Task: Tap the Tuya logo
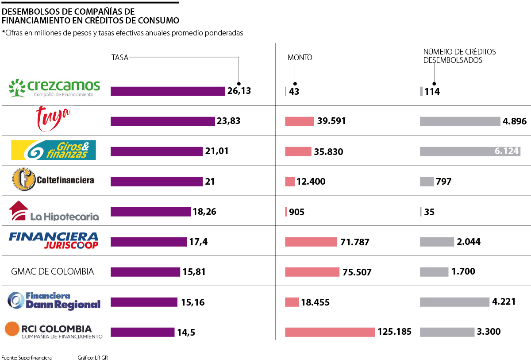(54, 118)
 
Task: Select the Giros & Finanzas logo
(53, 150)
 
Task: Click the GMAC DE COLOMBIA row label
(52, 271)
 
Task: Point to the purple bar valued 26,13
(168, 91)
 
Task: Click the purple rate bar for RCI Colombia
(142, 332)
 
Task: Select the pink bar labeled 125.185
(330, 332)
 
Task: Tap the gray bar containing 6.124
(470, 151)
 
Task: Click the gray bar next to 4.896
(459, 121)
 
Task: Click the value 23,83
(229, 120)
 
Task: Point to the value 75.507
(357, 272)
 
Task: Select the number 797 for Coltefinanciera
(443, 182)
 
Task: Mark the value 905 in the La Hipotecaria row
(296, 212)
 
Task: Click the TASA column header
(120, 58)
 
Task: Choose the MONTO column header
(300, 58)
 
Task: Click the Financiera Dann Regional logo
(54, 301)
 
